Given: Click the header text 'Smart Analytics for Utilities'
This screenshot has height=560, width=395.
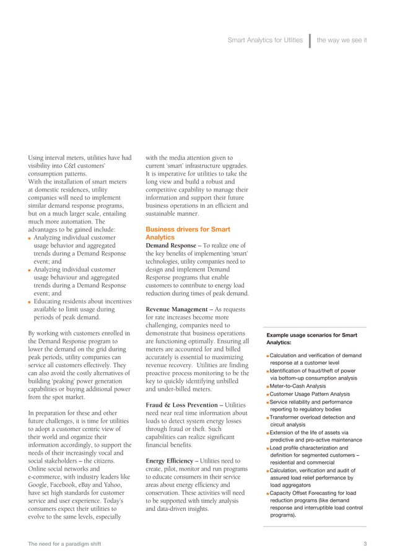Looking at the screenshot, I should click(x=266, y=40).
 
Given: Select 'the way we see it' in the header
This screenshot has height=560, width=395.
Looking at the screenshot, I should click(x=342, y=40).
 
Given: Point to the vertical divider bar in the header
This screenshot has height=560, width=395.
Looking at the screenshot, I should click(x=309, y=40).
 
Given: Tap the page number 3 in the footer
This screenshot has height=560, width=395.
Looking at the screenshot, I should click(x=366, y=544).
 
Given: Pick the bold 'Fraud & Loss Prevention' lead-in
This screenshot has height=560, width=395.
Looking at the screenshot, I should click(x=182, y=405).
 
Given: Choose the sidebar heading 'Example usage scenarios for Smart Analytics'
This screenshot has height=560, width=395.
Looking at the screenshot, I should click(x=311, y=339).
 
